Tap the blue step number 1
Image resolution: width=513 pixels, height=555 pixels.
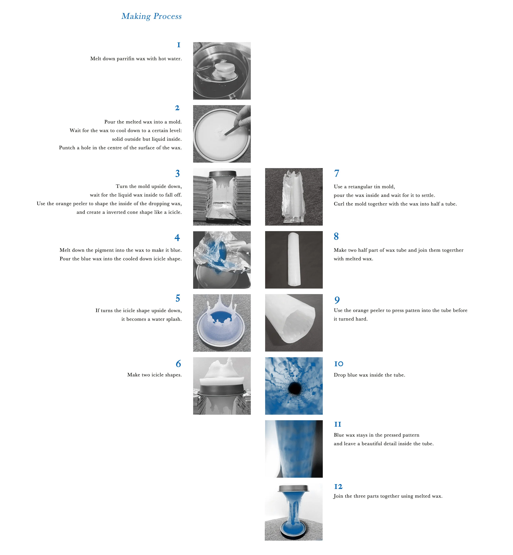[x=179, y=45]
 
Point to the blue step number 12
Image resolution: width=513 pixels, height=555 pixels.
[x=338, y=486]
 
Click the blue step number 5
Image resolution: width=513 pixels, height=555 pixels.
[x=178, y=298]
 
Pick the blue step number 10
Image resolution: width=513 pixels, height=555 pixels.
[x=339, y=364]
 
